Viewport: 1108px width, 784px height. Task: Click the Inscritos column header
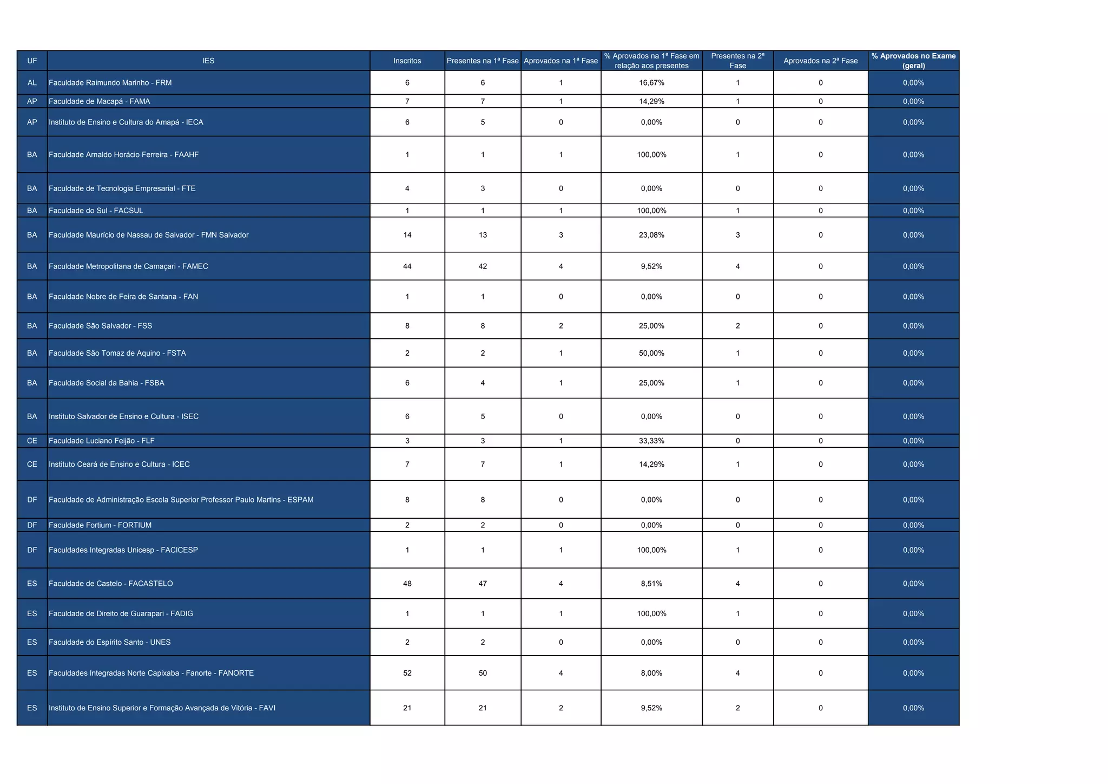(x=407, y=61)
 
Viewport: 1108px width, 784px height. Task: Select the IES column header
(x=208, y=61)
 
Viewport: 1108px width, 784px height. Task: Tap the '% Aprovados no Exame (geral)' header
(x=913, y=61)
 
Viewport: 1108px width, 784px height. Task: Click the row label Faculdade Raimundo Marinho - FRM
(x=110, y=83)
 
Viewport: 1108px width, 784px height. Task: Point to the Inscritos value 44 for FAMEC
(x=407, y=266)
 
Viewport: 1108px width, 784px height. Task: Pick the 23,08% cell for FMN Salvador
(x=651, y=235)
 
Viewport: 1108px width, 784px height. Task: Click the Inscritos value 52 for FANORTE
(x=407, y=673)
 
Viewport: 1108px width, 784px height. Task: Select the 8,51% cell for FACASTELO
(x=651, y=584)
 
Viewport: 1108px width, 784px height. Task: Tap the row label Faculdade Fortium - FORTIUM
(x=100, y=525)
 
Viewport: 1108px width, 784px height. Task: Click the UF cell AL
(x=32, y=83)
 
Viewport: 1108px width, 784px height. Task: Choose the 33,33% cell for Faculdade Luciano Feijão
(x=651, y=441)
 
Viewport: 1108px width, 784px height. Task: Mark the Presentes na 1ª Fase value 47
(x=483, y=584)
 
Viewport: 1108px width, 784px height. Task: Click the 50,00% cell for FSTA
(x=651, y=353)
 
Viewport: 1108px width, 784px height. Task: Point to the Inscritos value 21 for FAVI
(x=407, y=708)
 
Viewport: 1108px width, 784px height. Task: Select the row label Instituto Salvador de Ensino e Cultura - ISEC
(x=124, y=416)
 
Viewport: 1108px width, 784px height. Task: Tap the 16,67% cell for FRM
(x=651, y=83)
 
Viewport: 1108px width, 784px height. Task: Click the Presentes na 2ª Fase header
(x=737, y=61)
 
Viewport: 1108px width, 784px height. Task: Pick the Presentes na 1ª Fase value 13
(x=483, y=235)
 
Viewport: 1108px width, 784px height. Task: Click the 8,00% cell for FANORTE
(x=651, y=673)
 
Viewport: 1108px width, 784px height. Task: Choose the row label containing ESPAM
(x=181, y=500)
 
